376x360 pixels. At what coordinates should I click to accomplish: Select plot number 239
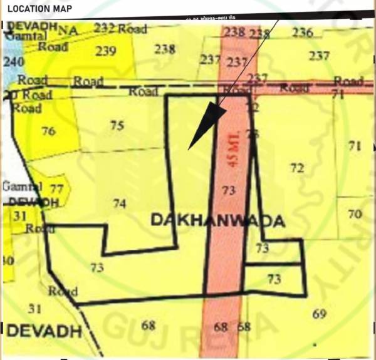coord(106,51)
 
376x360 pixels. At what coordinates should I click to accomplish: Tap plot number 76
coord(48,131)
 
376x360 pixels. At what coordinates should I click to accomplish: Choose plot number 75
coord(117,125)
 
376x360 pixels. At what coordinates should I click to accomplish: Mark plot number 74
coord(120,203)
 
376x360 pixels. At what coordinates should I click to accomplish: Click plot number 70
coord(355,214)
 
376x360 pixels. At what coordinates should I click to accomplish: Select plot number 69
coord(319,314)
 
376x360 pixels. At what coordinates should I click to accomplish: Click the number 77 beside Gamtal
coord(56,188)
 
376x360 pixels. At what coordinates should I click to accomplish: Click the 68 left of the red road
coord(149,325)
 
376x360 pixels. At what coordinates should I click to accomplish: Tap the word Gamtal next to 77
coord(22,186)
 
